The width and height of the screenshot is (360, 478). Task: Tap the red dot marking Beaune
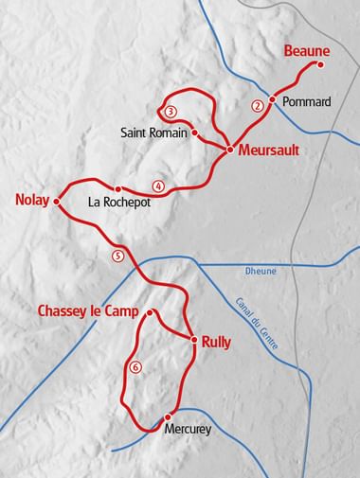(320, 64)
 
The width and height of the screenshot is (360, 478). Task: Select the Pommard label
(309, 101)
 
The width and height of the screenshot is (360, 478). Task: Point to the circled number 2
(256, 106)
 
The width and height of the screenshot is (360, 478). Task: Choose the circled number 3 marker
(170, 112)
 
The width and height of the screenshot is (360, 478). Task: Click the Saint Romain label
(154, 133)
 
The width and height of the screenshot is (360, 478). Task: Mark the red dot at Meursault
(229, 149)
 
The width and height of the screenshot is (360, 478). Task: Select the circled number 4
(157, 186)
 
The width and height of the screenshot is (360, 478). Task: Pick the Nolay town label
(32, 200)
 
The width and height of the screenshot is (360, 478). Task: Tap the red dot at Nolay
(56, 201)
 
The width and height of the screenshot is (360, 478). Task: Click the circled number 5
(117, 255)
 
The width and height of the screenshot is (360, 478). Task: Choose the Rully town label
(218, 343)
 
